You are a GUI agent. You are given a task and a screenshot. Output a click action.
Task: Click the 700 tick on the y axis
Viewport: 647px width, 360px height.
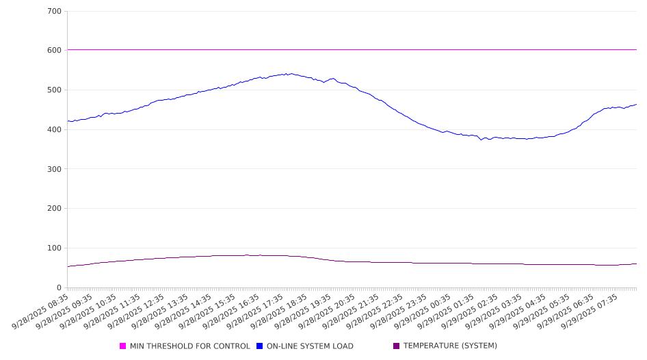click(x=54, y=12)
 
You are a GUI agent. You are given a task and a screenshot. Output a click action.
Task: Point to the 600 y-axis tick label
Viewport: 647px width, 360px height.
click(x=54, y=51)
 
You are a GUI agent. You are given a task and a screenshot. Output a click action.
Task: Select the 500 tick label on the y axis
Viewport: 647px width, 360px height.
click(x=54, y=90)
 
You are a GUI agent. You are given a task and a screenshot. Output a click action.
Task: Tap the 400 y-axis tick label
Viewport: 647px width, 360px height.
click(x=54, y=130)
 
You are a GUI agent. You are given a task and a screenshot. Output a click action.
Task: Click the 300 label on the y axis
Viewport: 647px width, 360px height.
click(x=54, y=169)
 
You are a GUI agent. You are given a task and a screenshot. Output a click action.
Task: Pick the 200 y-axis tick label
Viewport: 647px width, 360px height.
click(x=54, y=209)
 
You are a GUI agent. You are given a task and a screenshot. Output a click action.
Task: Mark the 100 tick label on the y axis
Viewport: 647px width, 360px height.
click(x=54, y=248)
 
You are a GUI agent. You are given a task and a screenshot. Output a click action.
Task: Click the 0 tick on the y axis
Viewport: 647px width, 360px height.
click(x=59, y=288)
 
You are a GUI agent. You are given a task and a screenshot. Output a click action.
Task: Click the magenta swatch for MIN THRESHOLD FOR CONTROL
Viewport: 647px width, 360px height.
click(x=123, y=346)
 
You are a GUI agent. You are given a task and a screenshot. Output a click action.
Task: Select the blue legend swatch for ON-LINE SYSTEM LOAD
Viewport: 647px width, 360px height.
click(x=260, y=346)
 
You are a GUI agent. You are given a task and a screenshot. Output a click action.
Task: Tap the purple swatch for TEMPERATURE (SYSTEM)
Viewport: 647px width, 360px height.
click(x=397, y=346)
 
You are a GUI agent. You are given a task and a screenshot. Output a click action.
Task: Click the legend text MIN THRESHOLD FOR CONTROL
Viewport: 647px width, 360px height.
click(x=190, y=346)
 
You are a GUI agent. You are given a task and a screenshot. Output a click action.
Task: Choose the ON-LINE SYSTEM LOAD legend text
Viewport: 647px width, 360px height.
click(x=310, y=346)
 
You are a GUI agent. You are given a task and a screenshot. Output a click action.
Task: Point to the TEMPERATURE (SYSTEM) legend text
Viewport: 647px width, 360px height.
click(x=450, y=346)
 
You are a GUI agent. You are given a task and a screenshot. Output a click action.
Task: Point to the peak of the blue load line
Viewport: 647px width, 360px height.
click(x=291, y=73)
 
